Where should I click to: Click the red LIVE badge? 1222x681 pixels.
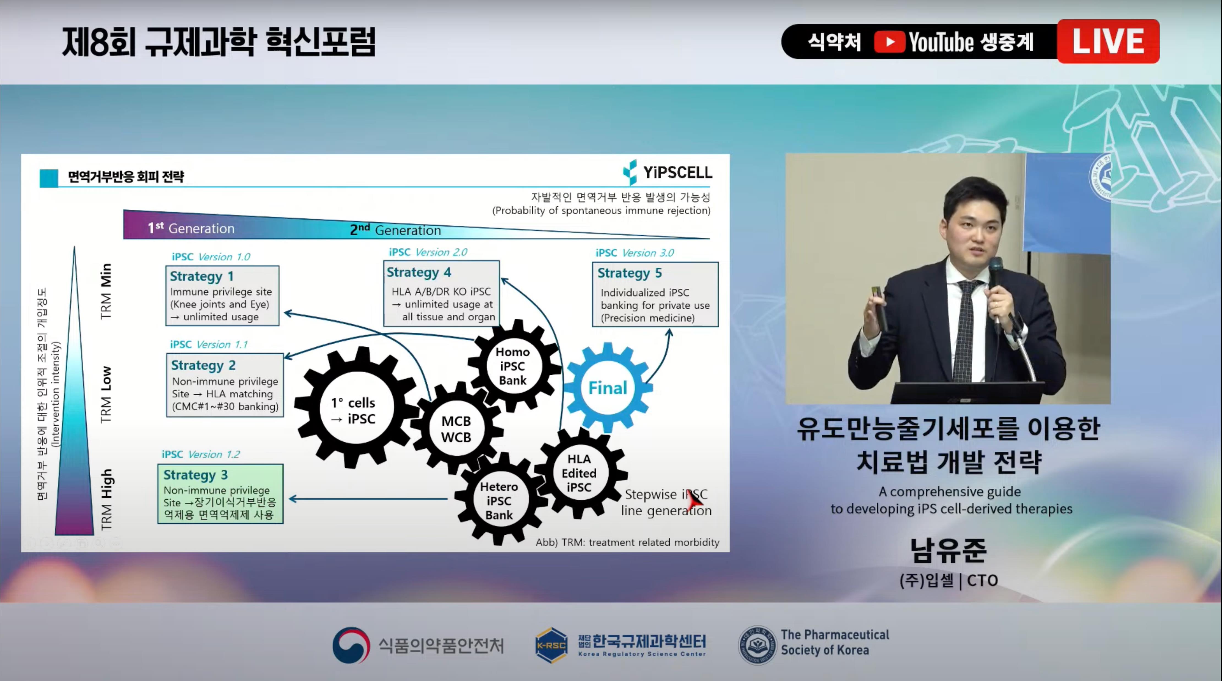point(1108,41)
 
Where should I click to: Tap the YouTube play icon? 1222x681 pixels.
point(889,42)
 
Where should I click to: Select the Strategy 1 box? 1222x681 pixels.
point(222,296)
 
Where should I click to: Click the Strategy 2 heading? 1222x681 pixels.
point(203,365)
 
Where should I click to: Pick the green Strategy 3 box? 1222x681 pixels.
point(220,494)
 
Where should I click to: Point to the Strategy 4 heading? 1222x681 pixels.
point(419,272)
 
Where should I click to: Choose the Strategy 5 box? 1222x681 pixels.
point(655,294)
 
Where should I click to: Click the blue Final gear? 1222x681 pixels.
point(608,387)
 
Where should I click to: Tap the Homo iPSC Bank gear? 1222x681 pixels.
point(513,366)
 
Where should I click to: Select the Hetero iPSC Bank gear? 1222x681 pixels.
point(499,500)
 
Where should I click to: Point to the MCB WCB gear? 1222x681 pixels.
point(456,429)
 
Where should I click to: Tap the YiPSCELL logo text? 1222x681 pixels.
point(677,173)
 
